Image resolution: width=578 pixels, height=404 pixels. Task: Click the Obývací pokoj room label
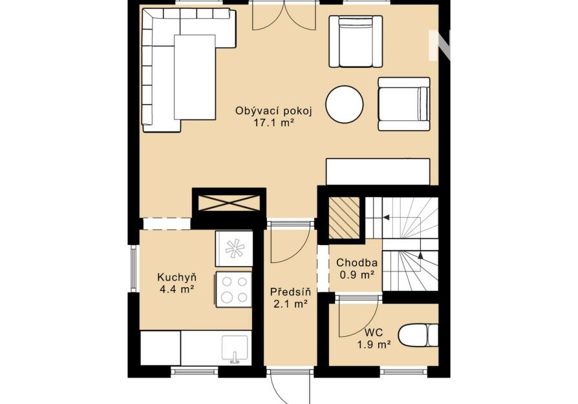point(274,111)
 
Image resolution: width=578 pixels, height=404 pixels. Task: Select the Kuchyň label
point(177,277)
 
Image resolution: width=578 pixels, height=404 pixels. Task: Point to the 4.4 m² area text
point(177,290)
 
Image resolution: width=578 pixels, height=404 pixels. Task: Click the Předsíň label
point(290,292)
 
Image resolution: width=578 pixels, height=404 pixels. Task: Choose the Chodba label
point(357,263)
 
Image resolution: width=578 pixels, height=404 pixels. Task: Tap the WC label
point(374,332)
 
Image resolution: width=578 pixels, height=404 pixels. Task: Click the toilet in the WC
point(418,335)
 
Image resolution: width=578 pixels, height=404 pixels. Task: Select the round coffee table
point(345,104)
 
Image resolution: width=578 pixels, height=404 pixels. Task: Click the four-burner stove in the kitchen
point(233,290)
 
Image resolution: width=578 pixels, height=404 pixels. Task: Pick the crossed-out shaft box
point(229,204)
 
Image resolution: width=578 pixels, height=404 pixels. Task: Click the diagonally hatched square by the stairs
point(344,217)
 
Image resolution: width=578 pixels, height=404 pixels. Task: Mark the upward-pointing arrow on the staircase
point(420,255)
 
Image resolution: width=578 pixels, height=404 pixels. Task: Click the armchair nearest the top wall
point(356,41)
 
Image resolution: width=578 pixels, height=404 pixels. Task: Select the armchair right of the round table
point(404,104)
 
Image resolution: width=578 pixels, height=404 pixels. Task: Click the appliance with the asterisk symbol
point(233,249)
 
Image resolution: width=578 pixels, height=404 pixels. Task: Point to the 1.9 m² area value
point(374,345)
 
